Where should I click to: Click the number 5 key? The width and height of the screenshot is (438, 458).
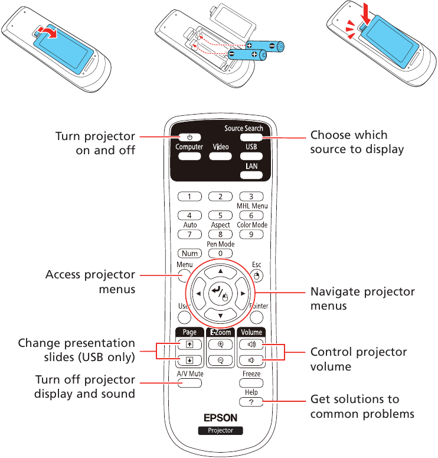pos(220,216)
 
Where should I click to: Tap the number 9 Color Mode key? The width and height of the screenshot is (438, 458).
pos(251,235)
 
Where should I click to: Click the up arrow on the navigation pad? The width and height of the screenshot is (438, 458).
pos(220,271)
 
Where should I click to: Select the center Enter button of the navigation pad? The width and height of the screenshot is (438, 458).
pos(220,293)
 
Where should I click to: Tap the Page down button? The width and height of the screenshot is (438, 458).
pos(189,359)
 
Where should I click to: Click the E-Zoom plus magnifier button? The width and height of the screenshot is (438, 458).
pos(220,345)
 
